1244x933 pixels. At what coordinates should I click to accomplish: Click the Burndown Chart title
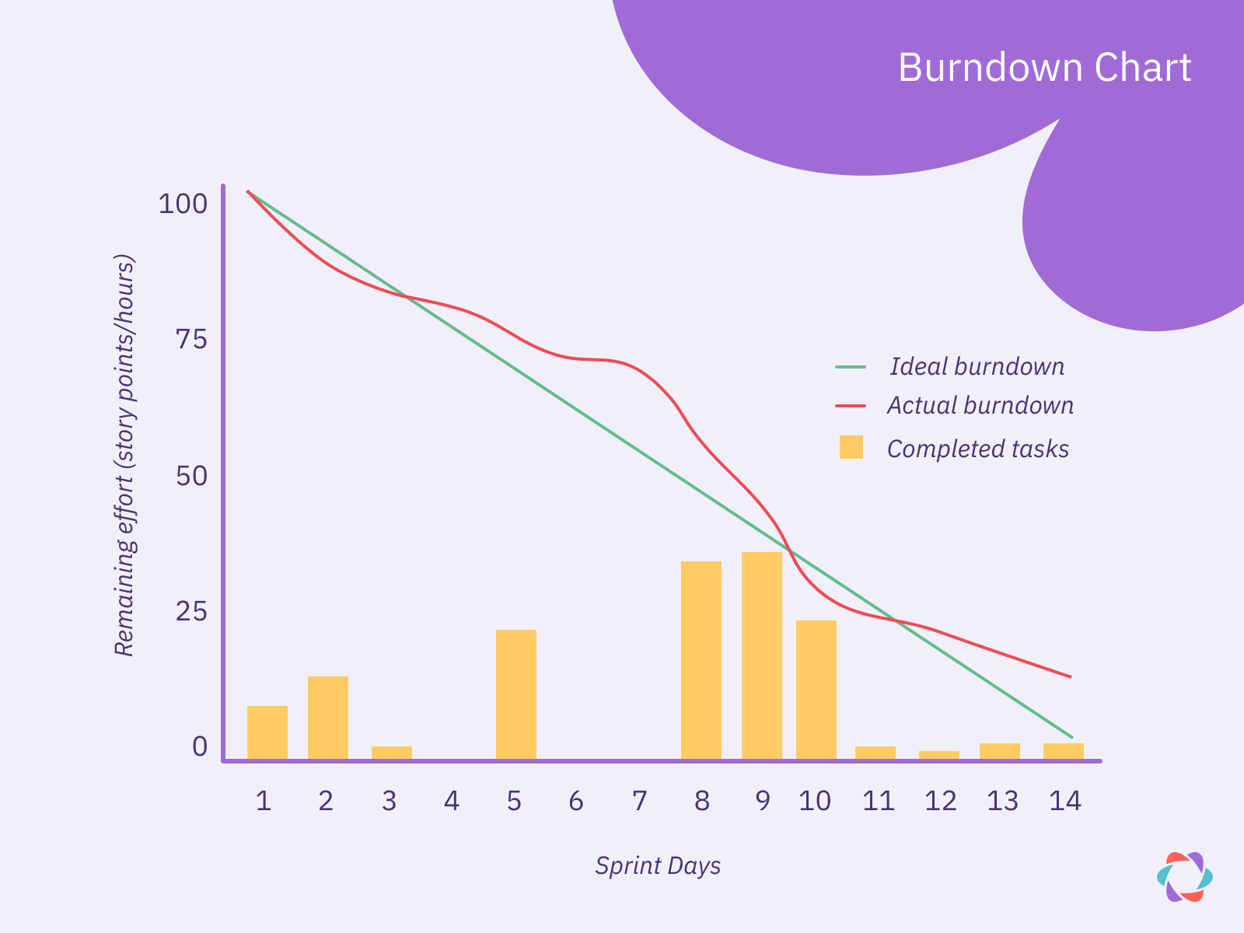(x=1044, y=68)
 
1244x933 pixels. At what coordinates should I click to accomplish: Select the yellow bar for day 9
(x=762, y=655)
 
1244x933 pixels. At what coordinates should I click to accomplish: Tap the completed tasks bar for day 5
(x=516, y=694)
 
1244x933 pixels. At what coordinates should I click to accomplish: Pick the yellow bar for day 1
(x=267, y=732)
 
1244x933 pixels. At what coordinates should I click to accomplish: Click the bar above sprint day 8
(x=701, y=660)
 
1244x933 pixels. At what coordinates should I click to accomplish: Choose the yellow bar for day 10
(x=816, y=690)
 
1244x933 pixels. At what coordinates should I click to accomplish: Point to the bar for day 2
(x=328, y=718)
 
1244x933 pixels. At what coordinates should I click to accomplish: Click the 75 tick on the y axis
(x=191, y=340)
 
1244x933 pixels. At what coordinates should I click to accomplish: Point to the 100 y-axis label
(x=183, y=204)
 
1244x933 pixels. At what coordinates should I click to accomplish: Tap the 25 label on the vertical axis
(x=191, y=612)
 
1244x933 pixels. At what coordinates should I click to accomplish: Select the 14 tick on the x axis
(x=1065, y=801)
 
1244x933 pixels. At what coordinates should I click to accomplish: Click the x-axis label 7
(x=639, y=801)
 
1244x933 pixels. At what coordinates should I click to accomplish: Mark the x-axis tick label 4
(x=452, y=801)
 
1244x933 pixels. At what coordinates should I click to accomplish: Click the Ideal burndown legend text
(x=977, y=366)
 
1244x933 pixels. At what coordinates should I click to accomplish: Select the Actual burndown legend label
(x=980, y=406)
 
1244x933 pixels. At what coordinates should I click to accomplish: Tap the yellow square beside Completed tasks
(x=851, y=447)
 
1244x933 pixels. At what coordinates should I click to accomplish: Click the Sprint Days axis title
(x=658, y=865)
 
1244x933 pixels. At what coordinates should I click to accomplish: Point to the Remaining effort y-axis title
(x=124, y=455)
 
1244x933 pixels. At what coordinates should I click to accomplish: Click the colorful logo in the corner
(x=1184, y=877)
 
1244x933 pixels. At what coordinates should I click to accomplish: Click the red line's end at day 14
(x=1071, y=676)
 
